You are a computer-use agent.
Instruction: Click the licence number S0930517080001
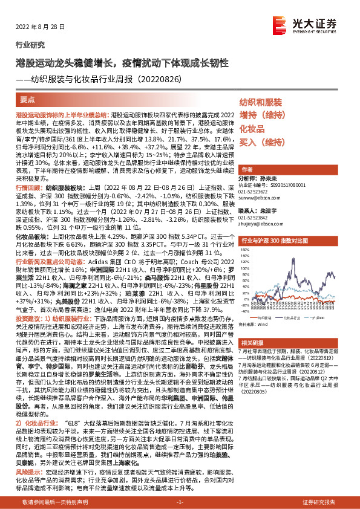(284, 186)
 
